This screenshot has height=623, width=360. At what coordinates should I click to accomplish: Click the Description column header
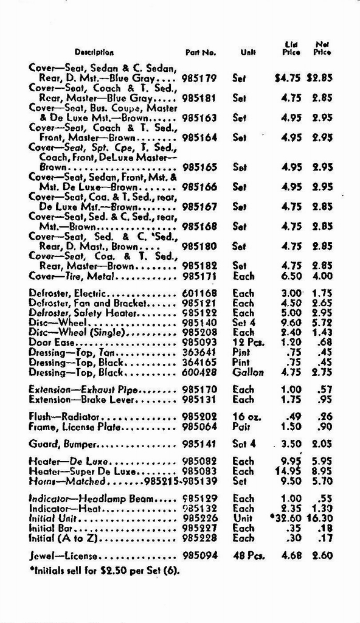pyautogui.click(x=94, y=52)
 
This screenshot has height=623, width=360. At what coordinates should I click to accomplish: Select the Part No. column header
pyautogui.click(x=201, y=52)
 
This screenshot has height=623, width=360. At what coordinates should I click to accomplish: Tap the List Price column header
pyautogui.click(x=291, y=48)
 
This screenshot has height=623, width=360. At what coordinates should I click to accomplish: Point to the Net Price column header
pyautogui.click(x=322, y=48)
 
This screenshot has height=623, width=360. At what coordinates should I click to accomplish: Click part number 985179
pyautogui.click(x=199, y=78)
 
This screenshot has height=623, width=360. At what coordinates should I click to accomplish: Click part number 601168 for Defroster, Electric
pyautogui.click(x=199, y=293)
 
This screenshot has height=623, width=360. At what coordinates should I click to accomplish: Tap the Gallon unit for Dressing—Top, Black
pyautogui.click(x=247, y=372)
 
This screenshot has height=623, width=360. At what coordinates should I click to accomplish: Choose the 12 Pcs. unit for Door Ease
pyautogui.click(x=248, y=343)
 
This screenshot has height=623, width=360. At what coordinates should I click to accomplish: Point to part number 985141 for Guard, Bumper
pyautogui.click(x=199, y=444)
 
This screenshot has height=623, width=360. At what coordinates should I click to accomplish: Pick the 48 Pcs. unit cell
pyautogui.click(x=248, y=555)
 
